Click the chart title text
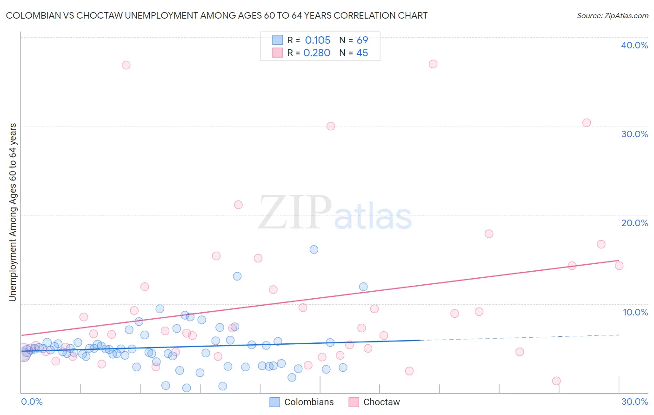click(x=217, y=15)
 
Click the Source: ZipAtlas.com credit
click(x=612, y=15)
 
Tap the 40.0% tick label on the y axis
click(x=634, y=45)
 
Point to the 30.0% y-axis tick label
click(x=634, y=134)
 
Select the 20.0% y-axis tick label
click(x=634, y=223)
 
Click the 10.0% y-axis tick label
click(x=635, y=312)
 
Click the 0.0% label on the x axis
click(x=32, y=402)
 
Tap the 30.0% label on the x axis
click(x=634, y=402)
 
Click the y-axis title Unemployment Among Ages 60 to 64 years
click(x=13, y=212)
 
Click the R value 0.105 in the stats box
click(x=317, y=40)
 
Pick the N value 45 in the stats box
click(x=362, y=53)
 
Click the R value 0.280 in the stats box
click(x=317, y=53)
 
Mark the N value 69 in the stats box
click(x=362, y=40)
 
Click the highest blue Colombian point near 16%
click(x=314, y=249)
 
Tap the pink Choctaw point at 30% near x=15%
click(x=331, y=126)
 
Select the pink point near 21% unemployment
click(x=238, y=205)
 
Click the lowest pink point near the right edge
click(x=556, y=381)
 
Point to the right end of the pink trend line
click(x=619, y=261)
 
